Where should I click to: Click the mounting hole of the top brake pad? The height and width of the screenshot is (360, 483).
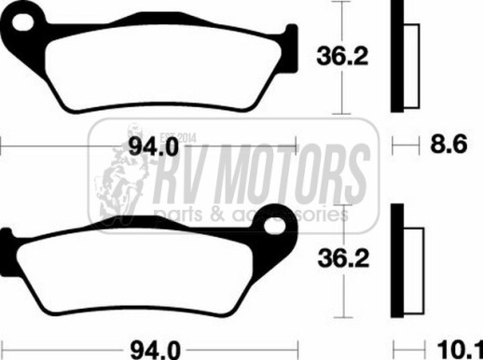22,22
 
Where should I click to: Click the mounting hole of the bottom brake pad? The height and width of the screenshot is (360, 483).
275,226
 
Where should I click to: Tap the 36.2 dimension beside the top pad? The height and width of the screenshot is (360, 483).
342,56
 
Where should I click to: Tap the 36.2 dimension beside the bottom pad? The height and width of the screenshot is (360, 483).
343,258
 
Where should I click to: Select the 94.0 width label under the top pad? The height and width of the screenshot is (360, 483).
154,146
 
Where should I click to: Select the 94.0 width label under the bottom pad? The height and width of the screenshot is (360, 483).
155,350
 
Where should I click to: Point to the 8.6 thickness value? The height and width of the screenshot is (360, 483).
448,144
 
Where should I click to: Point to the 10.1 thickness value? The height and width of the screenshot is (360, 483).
460,350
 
